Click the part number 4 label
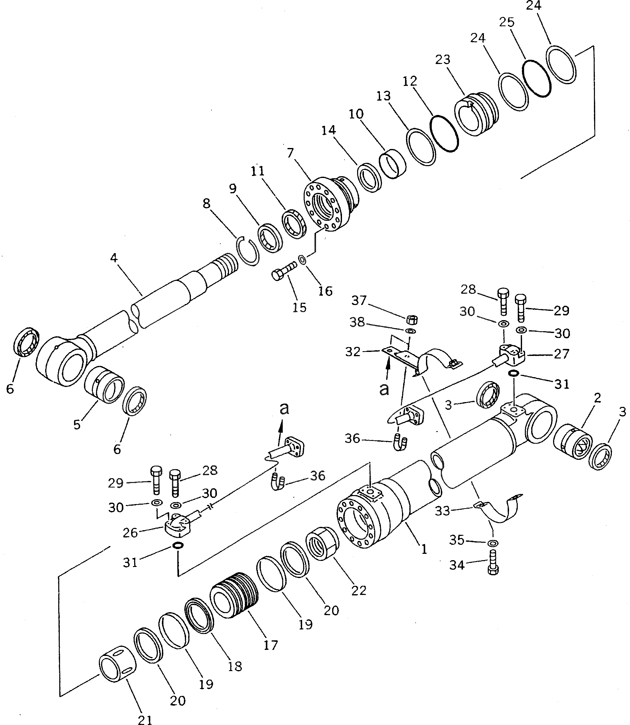[x=113, y=258]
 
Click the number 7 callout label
[x=290, y=153]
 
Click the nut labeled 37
[x=412, y=320]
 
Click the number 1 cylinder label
[x=424, y=549]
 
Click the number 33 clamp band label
[x=442, y=511]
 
